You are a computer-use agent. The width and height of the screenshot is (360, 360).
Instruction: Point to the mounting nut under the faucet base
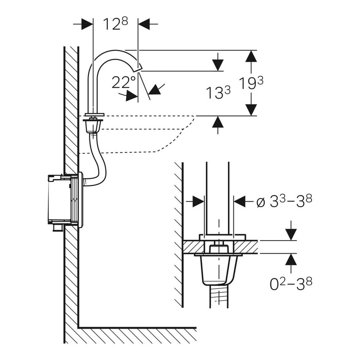click(93, 125)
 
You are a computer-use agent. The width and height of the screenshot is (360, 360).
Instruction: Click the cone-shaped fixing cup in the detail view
click(217, 270)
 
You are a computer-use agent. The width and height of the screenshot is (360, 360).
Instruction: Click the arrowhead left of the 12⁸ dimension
click(87, 24)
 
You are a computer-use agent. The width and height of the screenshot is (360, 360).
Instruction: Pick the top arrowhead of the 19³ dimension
click(251, 56)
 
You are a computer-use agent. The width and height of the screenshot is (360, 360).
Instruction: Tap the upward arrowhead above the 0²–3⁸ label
click(291, 260)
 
